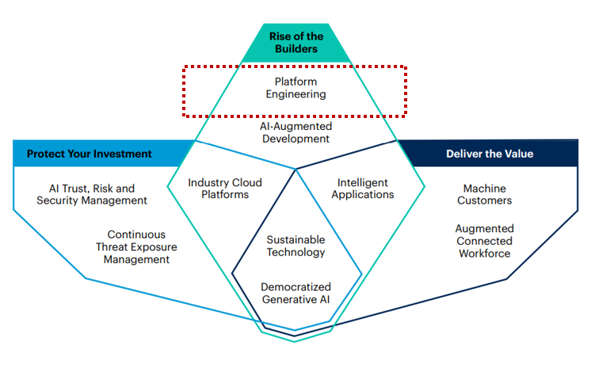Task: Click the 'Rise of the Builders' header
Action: click(x=296, y=42)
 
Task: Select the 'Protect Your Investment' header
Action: click(x=89, y=154)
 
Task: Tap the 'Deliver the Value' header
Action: click(x=489, y=154)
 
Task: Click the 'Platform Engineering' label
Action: click(x=295, y=88)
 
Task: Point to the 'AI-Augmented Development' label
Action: click(x=295, y=132)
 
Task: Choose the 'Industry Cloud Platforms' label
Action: click(x=224, y=188)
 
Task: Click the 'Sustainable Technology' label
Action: click(x=296, y=245)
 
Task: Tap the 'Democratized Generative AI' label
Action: click(x=296, y=293)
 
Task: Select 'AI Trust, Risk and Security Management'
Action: click(x=92, y=195)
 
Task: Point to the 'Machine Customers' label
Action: click(x=484, y=195)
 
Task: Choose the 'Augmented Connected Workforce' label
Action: click(x=484, y=241)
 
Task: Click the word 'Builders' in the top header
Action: click(x=296, y=49)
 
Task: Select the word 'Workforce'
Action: click(x=484, y=253)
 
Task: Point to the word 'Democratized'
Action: click(x=296, y=287)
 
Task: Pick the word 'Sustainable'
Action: click(x=296, y=239)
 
